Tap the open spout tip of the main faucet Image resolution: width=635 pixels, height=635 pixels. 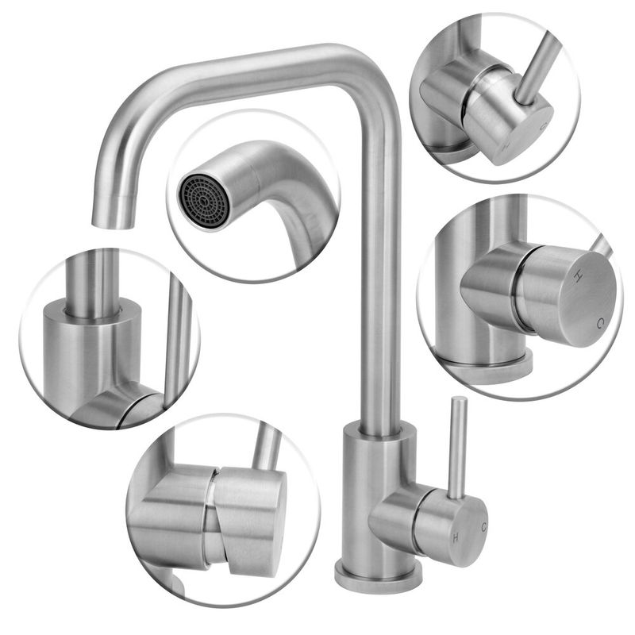[112, 224]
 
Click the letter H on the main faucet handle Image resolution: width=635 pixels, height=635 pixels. [456, 538]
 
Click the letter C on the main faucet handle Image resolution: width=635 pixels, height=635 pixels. [484, 527]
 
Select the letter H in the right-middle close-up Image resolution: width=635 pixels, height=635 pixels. [578, 275]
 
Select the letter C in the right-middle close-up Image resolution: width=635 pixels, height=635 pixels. [601, 323]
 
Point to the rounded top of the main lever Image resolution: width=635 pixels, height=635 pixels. [460, 400]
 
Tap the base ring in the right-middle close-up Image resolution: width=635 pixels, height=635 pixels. [486, 362]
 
